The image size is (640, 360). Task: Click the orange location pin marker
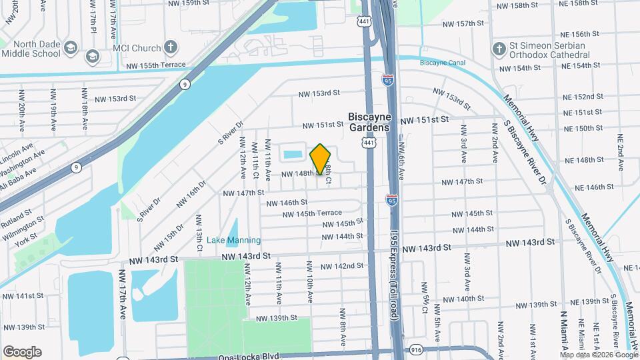pyautogui.click(x=320, y=159)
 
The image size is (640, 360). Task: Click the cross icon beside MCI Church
pyautogui.click(x=171, y=47)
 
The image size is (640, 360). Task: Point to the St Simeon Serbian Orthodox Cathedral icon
pyautogui.click(x=499, y=49)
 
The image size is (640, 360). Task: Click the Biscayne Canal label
pyautogui.click(x=442, y=63)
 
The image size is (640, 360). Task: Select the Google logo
pyautogui.click(x=22, y=352)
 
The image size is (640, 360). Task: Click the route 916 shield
pyautogui.click(x=417, y=349)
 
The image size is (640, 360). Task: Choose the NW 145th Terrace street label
pyautogui.click(x=311, y=213)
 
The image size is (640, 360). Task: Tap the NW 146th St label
pyautogui.click(x=287, y=202)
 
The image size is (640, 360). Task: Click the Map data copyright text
pyautogui.click(x=602, y=355)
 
